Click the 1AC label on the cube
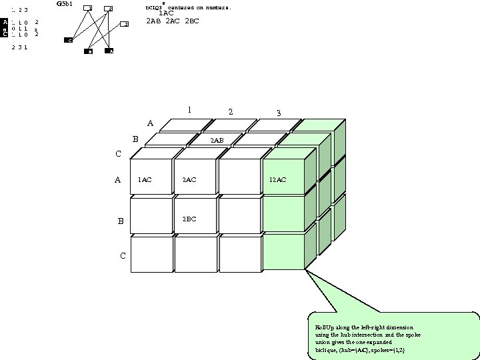coord(145,180)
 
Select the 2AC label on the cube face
coord(189,180)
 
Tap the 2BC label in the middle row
coord(189,219)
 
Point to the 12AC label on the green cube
coord(278,180)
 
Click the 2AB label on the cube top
coord(217,141)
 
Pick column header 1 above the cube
coord(189,110)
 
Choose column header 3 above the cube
coord(279,113)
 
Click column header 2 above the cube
coord(231,111)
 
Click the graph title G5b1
coord(65,4)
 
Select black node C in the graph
coord(69,41)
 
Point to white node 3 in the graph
coord(124,24)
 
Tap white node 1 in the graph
coord(89,8)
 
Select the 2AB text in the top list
coord(154,21)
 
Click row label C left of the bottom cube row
coord(123,256)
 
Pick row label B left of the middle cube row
coord(121,221)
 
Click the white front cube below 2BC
coord(195,254)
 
